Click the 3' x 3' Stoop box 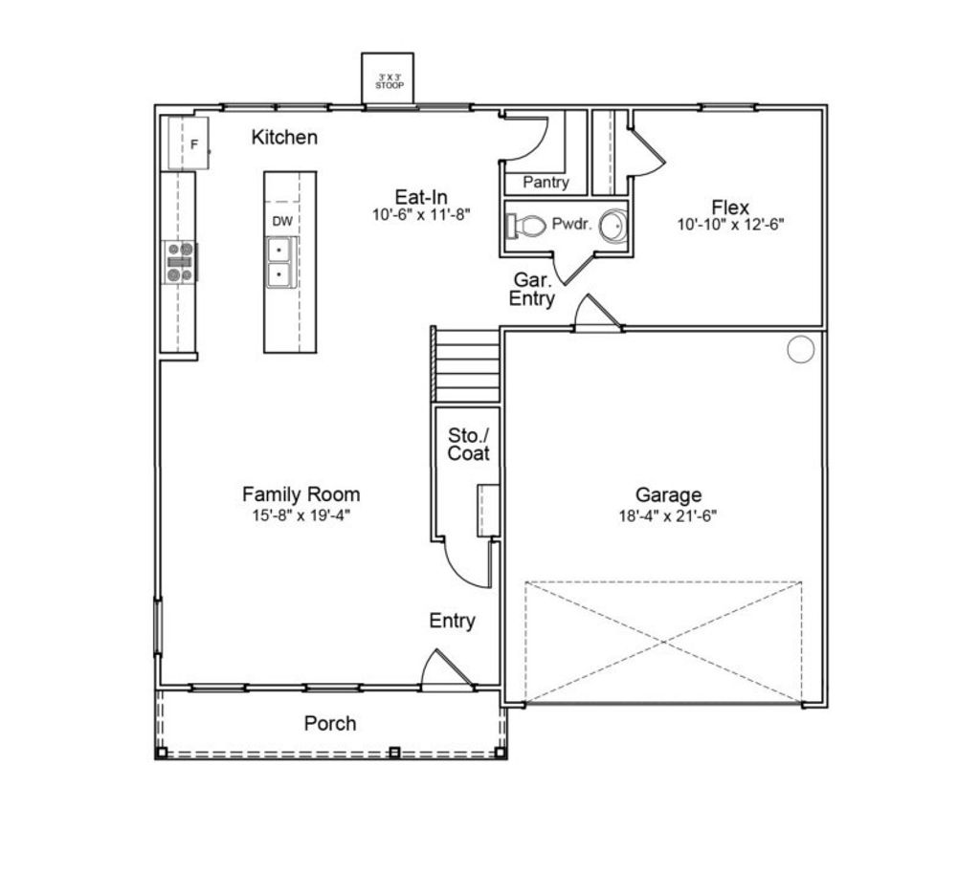[388, 77]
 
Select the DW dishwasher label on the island [281, 221]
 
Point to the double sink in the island [280, 262]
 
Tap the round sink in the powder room [613, 226]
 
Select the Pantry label [546, 182]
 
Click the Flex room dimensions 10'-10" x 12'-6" [730, 226]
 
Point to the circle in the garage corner [800, 350]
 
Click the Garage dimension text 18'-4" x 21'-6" [668, 515]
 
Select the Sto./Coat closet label [468, 444]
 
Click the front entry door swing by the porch [446, 670]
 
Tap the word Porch [330, 724]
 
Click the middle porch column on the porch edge [393, 753]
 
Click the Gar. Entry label [532, 289]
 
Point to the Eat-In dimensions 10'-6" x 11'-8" [422, 216]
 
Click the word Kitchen [284, 138]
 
